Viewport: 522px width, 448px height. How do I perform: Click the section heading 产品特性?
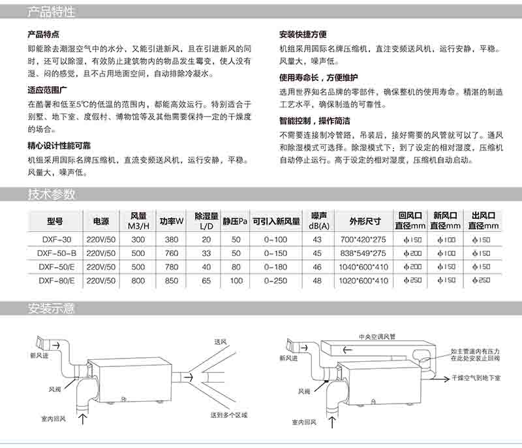pos(52,12)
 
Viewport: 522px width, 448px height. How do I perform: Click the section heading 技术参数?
pos(52,194)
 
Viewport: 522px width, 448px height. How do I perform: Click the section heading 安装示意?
pos(52,309)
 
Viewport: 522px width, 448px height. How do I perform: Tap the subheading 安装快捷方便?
pos(303,34)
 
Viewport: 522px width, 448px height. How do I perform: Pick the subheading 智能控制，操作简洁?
pos(315,121)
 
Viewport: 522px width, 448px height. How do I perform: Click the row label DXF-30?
pos(54,240)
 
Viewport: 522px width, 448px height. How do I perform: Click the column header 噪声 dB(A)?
pos(318,220)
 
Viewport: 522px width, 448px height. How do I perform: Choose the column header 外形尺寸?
pos(363,220)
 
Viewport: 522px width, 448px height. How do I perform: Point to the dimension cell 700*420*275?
pos(363,240)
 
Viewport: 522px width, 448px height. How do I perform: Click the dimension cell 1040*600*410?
pos(363,267)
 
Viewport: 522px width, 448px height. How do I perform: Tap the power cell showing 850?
pos(172,281)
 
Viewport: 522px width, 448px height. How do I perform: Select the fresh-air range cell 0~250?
pos(275,281)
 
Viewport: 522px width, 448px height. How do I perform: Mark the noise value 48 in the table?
pos(318,281)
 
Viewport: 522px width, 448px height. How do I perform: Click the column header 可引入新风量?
pos(276,221)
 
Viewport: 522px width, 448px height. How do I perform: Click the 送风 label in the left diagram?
pos(219,341)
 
